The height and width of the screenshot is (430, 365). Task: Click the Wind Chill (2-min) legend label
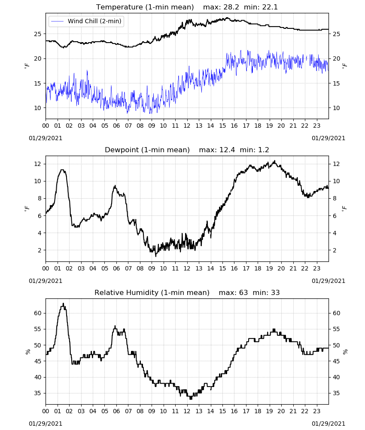94,21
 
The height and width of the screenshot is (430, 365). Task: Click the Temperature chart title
145,7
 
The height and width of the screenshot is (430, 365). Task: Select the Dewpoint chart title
147,150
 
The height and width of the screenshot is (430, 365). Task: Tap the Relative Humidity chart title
152,292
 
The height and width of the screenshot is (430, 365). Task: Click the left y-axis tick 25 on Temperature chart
38,34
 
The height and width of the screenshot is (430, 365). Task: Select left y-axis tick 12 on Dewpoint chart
38,164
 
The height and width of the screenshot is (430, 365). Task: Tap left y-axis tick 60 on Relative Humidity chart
38,313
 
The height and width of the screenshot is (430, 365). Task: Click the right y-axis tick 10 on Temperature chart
336,108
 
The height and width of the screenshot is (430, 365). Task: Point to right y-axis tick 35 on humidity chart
336,393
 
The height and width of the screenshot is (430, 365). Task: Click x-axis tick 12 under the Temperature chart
187,126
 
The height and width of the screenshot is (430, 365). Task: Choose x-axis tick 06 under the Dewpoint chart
116,268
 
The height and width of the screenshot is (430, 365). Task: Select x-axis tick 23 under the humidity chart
317,411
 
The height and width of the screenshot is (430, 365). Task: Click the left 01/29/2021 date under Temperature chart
46,138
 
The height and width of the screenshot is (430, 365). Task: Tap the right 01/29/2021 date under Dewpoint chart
328,281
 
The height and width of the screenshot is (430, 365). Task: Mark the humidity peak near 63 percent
63,304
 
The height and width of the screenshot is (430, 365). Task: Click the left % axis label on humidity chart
27,352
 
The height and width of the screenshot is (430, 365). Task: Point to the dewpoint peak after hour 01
62,170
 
